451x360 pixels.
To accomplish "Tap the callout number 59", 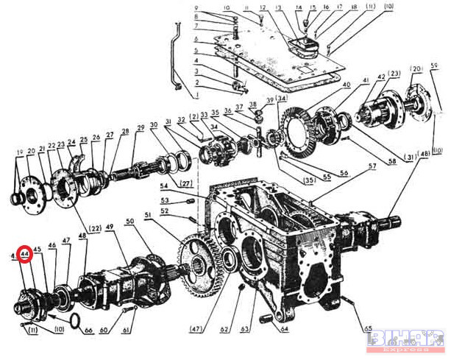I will [x=434, y=70].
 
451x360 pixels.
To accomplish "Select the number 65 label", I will [x=367, y=328].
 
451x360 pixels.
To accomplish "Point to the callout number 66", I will [x=90, y=331].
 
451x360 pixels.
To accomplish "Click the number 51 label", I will [x=148, y=215].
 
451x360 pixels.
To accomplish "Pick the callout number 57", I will [x=372, y=167].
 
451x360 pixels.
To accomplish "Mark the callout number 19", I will [x=19, y=152].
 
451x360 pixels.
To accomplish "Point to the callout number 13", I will [x=278, y=9].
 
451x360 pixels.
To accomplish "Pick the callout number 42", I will [x=381, y=77].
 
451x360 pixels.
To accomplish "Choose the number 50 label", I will [x=129, y=221].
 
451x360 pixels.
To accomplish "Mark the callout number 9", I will [x=196, y=8].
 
